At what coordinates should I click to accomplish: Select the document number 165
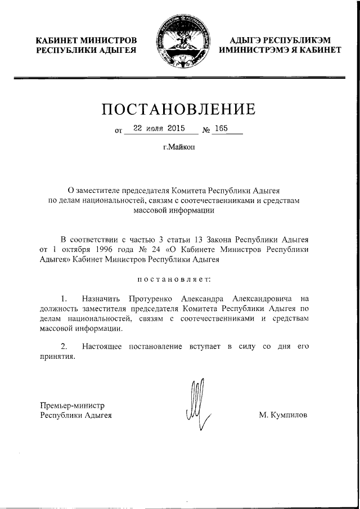tap(220, 129)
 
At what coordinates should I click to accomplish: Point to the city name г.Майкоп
tap(180, 148)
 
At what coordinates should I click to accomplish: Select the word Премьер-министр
tap(73, 405)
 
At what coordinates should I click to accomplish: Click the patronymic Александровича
tap(256, 298)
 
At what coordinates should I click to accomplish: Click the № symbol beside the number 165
tap(206, 130)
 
